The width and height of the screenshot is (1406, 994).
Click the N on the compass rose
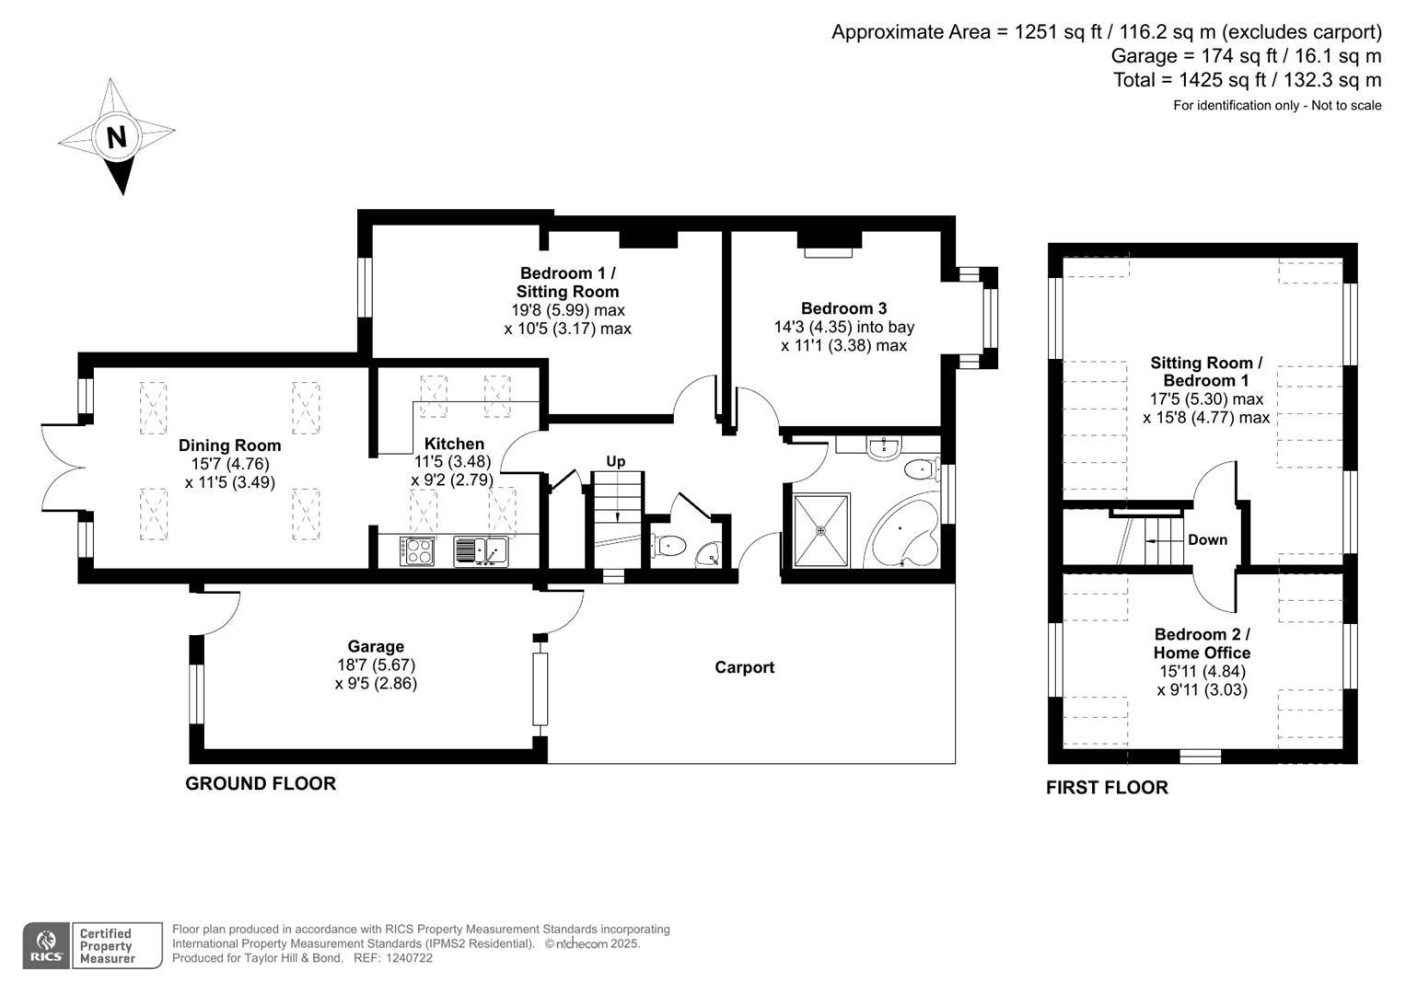116,138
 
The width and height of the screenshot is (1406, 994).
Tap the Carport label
744,667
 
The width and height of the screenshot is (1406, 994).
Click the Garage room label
376,647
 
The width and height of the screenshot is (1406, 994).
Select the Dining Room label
229,445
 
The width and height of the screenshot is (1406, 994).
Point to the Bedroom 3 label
843,308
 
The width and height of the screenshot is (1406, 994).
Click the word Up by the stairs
616,461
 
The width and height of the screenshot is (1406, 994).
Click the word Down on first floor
1207,539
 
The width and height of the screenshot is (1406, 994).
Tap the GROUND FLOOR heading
261,783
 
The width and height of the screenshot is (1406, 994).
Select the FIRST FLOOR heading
1107,788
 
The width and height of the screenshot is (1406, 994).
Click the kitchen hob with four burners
417,550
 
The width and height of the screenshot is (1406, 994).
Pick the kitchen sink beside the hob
481,550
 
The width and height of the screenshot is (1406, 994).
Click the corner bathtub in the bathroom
905,539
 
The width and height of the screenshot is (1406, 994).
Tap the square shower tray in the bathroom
821,530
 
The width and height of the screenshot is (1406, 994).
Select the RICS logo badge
45,945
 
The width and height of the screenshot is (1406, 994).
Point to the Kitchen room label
454,444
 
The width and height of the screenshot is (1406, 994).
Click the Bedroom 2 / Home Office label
1202,643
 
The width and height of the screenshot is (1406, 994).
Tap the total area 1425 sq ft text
1247,80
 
